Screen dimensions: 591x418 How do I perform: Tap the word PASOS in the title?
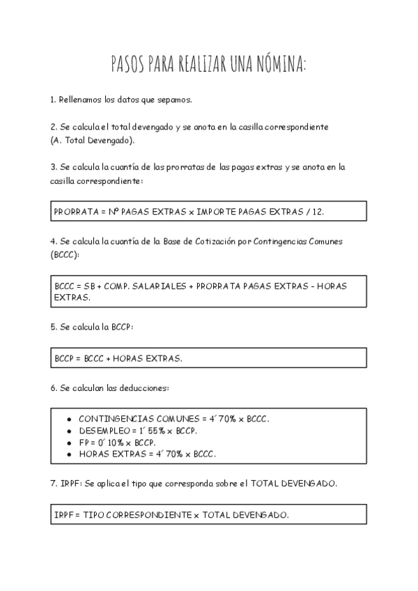click(x=127, y=65)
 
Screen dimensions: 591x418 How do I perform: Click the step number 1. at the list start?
click(x=53, y=100)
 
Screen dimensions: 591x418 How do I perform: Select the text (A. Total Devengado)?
click(x=93, y=140)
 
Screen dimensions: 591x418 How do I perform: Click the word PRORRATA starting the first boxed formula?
click(x=73, y=210)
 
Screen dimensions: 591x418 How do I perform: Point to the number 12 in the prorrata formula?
click(x=317, y=210)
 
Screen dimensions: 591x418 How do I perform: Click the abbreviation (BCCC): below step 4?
click(x=65, y=254)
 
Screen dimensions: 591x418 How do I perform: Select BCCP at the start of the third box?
click(x=64, y=358)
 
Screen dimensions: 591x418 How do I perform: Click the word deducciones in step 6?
click(x=145, y=387)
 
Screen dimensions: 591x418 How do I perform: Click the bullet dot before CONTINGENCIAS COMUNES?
click(x=69, y=419)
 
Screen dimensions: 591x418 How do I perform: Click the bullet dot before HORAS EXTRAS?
click(x=69, y=454)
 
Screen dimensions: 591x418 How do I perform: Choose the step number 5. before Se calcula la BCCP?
click(x=53, y=327)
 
